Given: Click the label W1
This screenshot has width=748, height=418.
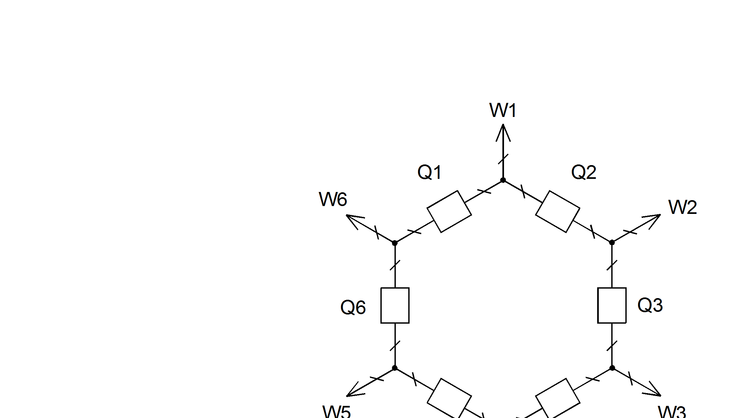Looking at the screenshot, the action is coord(503,110).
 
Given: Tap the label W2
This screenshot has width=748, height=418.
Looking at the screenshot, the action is coord(682,207).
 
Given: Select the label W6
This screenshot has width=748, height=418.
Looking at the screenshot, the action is coord(333,199).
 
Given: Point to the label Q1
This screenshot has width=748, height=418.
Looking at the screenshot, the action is coord(430,172).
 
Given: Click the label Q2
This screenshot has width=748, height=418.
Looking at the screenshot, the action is coord(584,172).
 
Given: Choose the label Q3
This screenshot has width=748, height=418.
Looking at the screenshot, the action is coord(650,305).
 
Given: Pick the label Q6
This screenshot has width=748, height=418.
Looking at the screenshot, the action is coord(353,308).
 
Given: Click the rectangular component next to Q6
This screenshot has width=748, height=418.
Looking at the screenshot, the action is coord(395,305).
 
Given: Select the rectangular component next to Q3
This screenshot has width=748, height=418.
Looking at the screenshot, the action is coord(612,305).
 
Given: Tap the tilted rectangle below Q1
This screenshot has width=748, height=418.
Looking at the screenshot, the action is coord(449,212).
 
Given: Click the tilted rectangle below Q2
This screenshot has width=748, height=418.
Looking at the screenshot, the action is coord(557,212).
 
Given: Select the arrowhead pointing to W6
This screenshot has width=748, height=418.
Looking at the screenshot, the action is coord(354,219).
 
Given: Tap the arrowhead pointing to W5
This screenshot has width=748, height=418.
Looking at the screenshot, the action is coord(354,392).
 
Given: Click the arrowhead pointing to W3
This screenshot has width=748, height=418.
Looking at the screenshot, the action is coord(653,392).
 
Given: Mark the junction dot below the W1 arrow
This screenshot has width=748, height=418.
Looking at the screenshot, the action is coord(503,180).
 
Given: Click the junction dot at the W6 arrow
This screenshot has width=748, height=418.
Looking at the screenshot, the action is coord(395,243).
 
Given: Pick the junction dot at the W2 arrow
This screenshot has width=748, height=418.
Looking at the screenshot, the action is coord(612,242).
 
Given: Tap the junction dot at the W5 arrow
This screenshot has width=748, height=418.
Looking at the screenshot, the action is coord(395,368).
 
